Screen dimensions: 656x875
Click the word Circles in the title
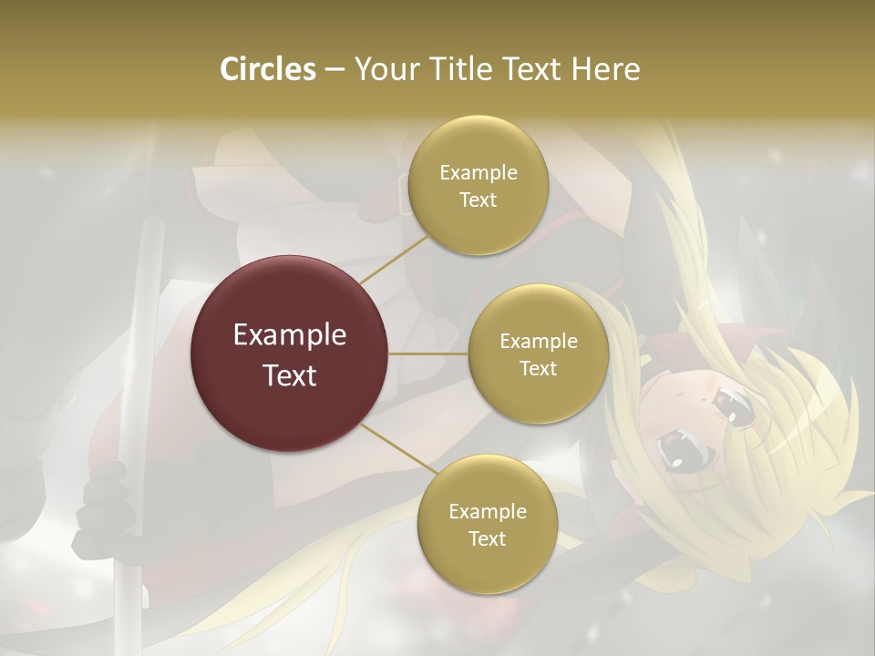(x=267, y=69)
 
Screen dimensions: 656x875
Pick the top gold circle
(x=478, y=223)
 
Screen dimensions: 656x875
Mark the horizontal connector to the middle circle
(x=428, y=354)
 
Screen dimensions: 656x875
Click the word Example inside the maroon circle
(x=290, y=335)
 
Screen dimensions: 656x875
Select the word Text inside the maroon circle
(x=290, y=375)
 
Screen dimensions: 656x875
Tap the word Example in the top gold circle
(x=479, y=173)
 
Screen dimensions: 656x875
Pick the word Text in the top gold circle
(x=479, y=200)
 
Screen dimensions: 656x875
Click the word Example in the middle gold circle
(x=539, y=342)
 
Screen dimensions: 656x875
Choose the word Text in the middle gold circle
(x=539, y=369)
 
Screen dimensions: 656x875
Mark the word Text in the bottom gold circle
(x=488, y=539)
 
